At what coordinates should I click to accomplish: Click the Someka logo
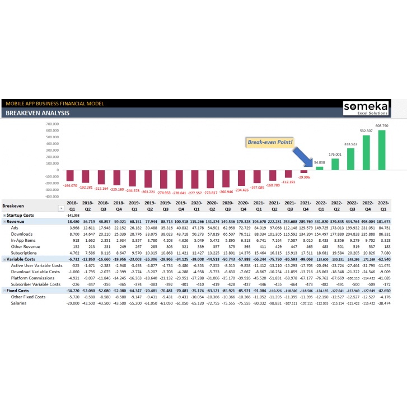370,107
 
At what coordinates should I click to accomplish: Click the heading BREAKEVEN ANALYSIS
38,113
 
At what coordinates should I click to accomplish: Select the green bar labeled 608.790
382,149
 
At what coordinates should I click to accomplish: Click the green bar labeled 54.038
320,167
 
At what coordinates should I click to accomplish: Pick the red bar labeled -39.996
304,171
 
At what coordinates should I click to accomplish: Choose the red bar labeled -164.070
71,176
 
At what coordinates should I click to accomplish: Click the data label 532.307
366,131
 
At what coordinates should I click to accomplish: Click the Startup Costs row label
21,215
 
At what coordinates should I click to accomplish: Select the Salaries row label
20,303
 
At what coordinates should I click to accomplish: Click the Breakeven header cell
14,206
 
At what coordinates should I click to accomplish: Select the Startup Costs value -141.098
72,215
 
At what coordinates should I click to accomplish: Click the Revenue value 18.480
73,222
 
